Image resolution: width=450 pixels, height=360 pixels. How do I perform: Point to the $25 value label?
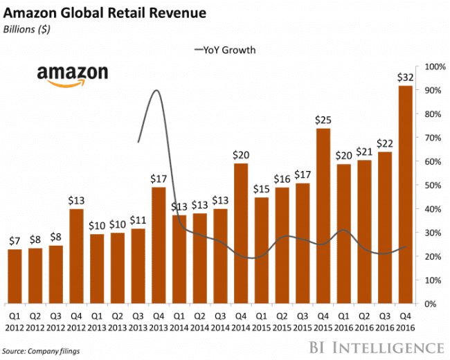coord(322,120)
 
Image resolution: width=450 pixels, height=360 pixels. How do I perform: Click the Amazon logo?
coord(72,75)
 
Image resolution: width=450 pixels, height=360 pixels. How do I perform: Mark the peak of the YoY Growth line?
coord(156,90)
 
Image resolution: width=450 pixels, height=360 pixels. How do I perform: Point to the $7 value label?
coord(14,240)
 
